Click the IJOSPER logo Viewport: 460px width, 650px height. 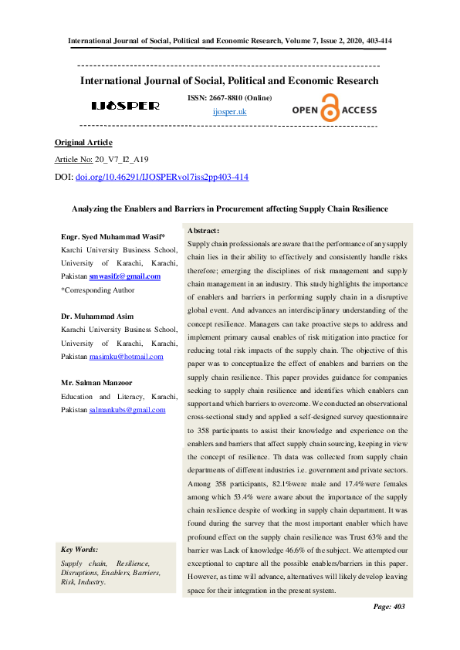[x=125, y=105]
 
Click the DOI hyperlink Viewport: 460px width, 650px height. [x=161, y=177]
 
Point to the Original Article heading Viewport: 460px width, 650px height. [x=83, y=143]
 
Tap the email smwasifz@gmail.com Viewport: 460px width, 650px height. [x=124, y=276]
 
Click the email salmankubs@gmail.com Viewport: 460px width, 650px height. [x=127, y=410]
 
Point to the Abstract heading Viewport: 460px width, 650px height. [x=204, y=231]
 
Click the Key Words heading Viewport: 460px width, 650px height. [x=79, y=549]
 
